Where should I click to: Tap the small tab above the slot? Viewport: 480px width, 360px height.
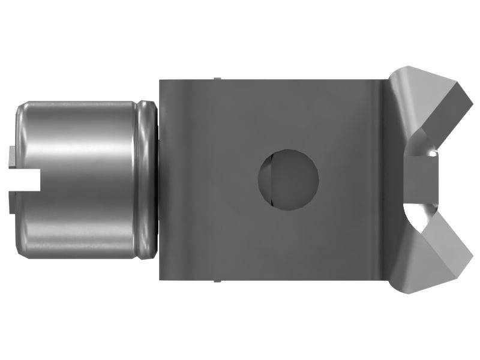click(x=13, y=157)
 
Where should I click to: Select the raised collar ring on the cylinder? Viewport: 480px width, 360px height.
click(x=146, y=179)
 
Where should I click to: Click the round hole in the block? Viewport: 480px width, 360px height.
click(x=288, y=179)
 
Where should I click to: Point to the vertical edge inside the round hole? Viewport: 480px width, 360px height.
click(x=271, y=179)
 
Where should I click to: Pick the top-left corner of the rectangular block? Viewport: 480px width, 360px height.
click(x=160, y=80)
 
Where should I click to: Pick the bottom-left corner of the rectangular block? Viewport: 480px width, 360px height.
click(x=160, y=279)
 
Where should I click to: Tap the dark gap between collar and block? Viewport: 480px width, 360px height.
click(x=158, y=179)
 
